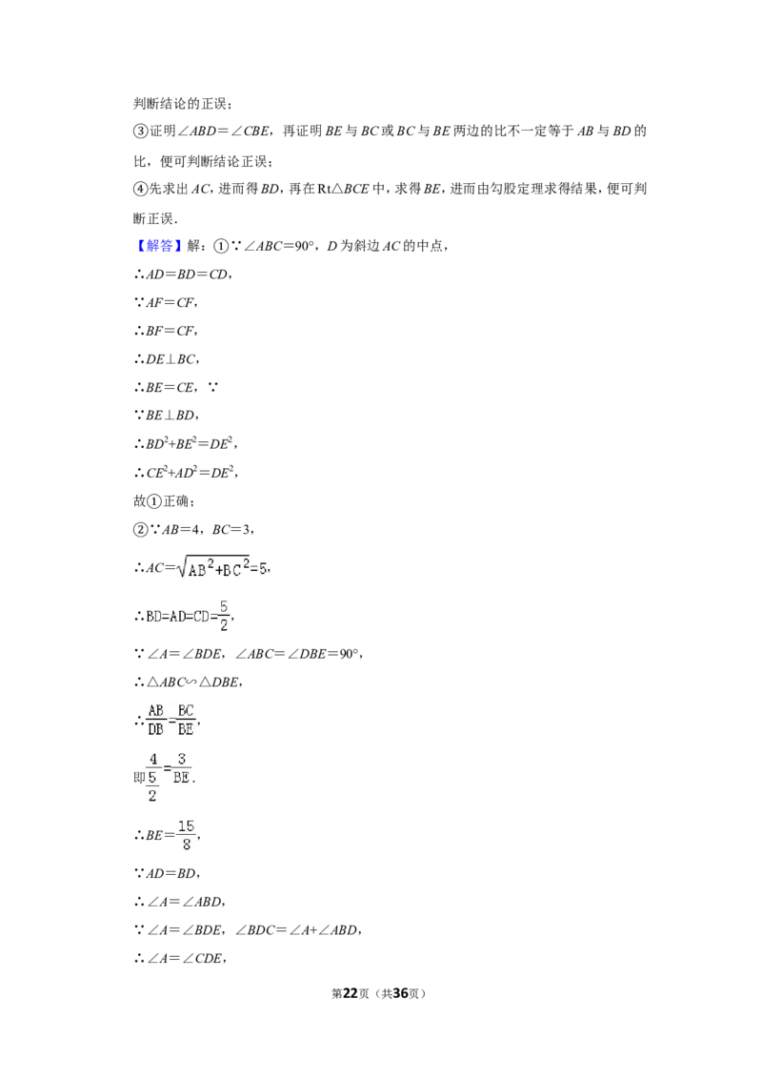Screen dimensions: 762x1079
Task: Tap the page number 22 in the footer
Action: coord(351,993)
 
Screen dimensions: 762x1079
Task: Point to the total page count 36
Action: coord(400,993)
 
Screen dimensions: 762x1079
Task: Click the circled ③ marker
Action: coord(140,131)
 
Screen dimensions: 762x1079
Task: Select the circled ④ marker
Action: coord(140,189)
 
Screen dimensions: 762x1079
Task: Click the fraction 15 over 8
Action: coord(187,835)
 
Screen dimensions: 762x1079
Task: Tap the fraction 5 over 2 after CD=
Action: coord(224,615)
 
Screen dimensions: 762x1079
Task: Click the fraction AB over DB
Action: coord(156,720)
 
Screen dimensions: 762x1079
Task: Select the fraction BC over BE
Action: coord(186,720)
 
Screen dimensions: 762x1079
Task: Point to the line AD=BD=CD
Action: coord(182,274)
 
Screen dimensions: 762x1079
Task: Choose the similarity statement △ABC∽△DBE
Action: coord(188,682)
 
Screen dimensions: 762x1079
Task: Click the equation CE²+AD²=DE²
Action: coord(186,472)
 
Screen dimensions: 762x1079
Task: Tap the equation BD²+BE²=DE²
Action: coord(186,443)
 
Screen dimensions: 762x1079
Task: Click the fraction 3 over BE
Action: coord(182,768)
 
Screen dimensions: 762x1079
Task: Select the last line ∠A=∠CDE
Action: coord(180,958)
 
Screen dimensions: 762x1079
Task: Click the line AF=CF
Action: coord(166,302)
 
